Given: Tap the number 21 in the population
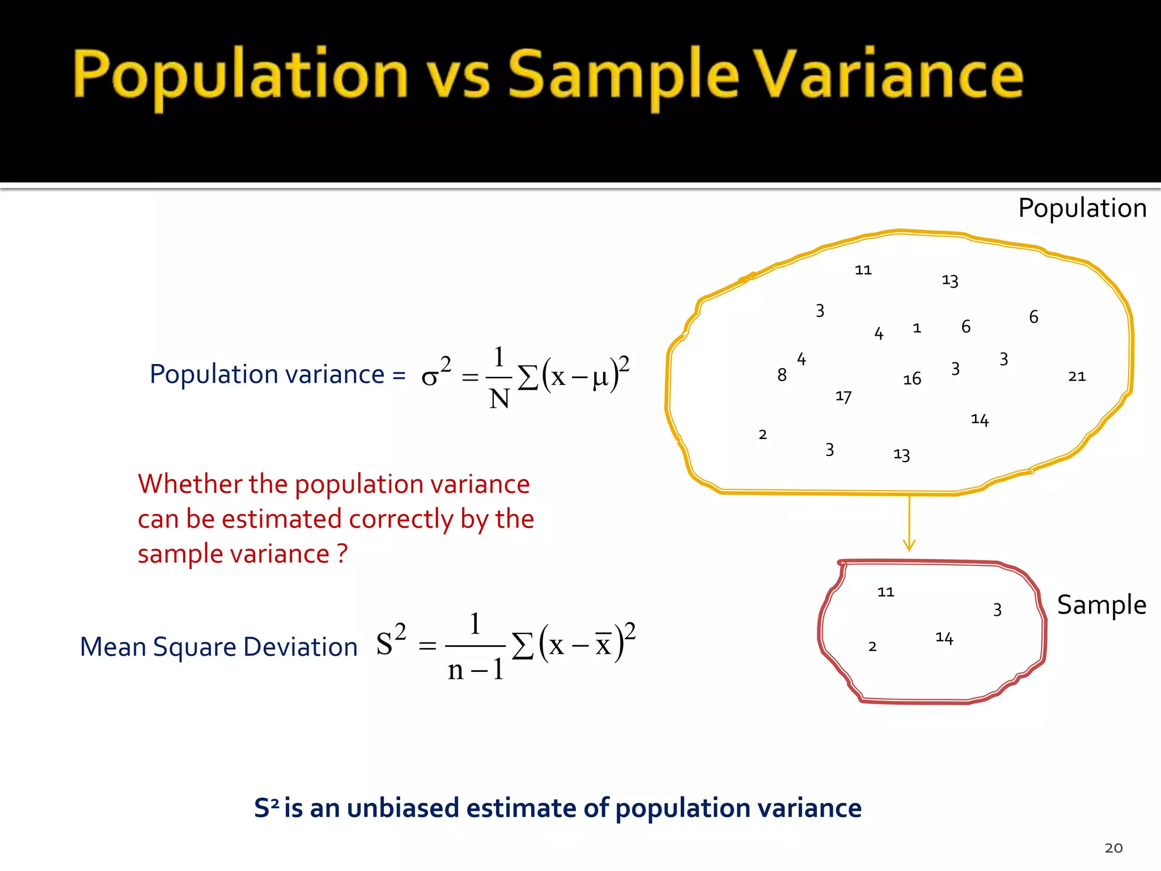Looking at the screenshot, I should pyautogui.click(x=1077, y=377).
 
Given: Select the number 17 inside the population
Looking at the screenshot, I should pyautogui.click(x=844, y=396).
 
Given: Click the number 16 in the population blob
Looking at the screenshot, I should pyautogui.click(x=912, y=379).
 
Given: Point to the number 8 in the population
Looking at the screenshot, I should pyautogui.click(x=782, y=375).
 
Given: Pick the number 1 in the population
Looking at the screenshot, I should pyautogui.click(x=917, y=328).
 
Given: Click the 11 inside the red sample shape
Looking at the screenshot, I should pyautogui.click(x=885, y=592).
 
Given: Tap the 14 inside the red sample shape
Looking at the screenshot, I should pyautogui.click(x=944, y=638).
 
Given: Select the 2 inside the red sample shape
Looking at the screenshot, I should pyautogui.click(x=872, y=646).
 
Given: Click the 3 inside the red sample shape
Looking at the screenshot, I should pyautogui.click(x=997, y=610).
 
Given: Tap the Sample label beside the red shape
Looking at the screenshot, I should pyautogui.click(x=1101, y=604).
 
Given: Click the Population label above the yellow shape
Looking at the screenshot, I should pyautogui.click(x=1082, y=208).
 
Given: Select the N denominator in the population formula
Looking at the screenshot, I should pyautogui.click(x=499, y=399).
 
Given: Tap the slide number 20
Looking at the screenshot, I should pyautogui.click(x=1113, y=848).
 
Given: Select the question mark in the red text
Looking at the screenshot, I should pyautogui.click(x=342, y=553).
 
